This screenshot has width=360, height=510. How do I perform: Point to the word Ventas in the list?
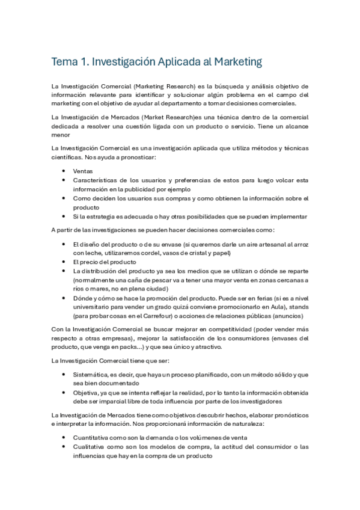[x=83, y=171]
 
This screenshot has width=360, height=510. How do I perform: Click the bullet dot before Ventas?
[x=64, y=171]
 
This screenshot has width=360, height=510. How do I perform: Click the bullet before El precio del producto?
[x=64, y=263]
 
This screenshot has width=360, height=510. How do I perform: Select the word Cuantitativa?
[x=93, y=438]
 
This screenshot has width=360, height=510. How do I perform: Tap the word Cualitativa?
[x=91, y=447]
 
